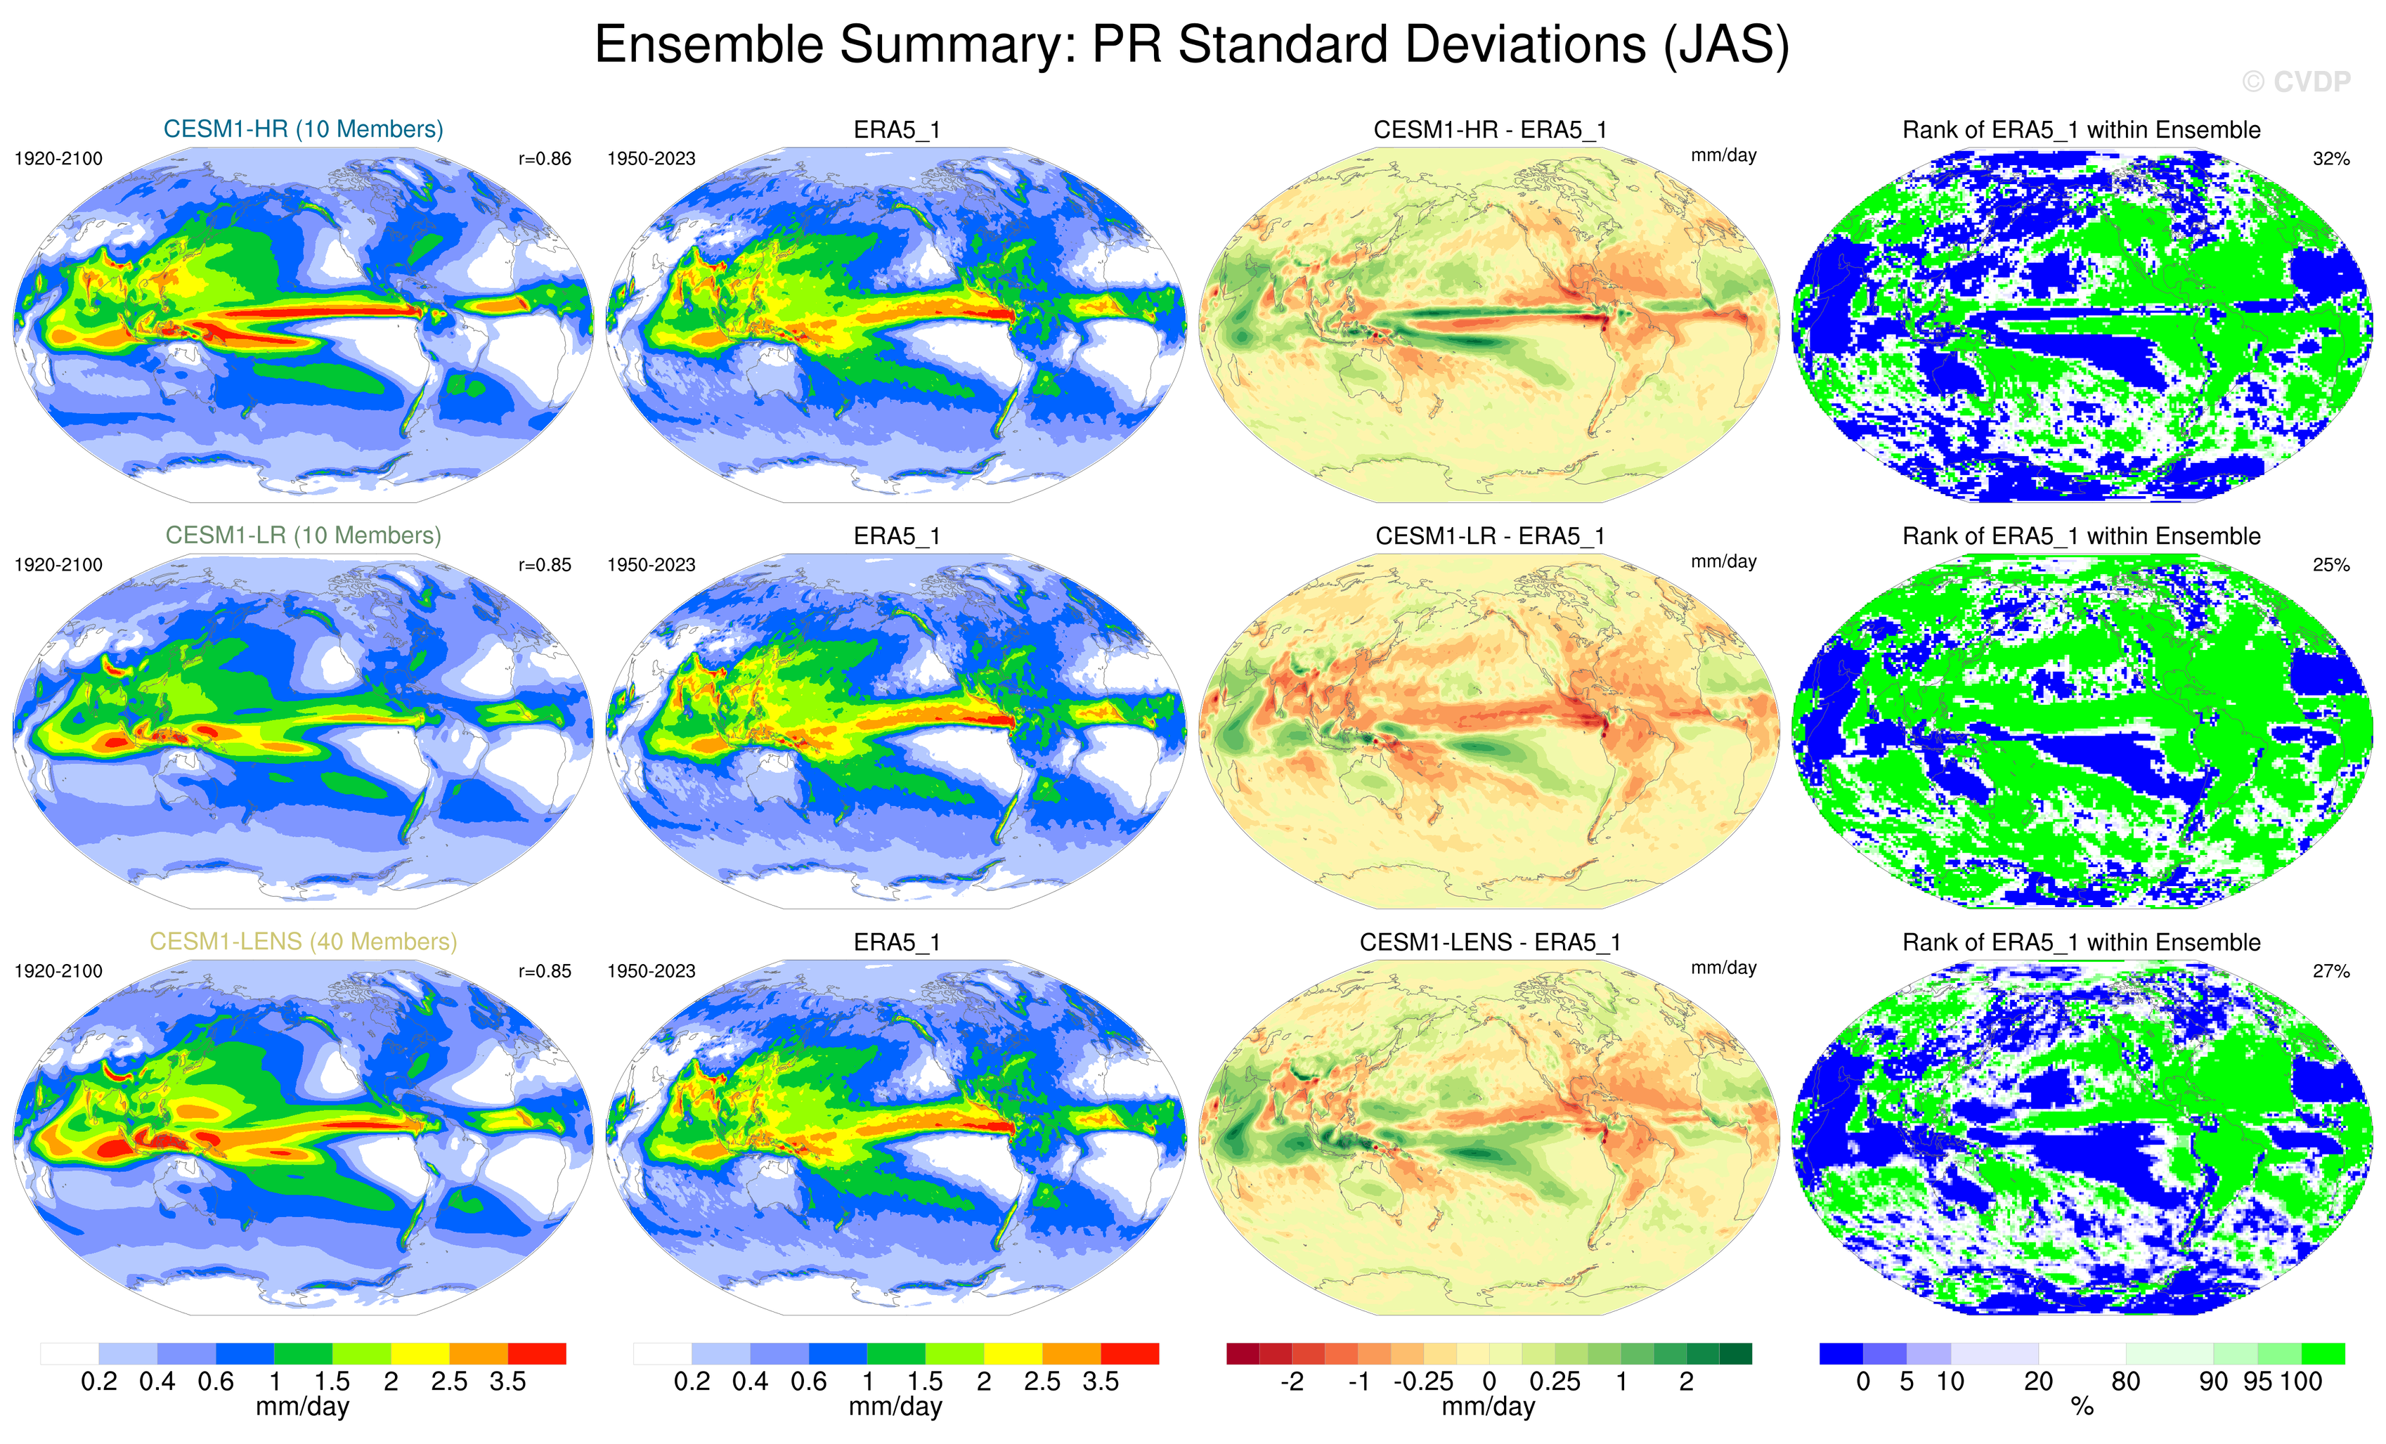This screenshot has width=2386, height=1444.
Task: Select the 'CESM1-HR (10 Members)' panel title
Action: [x=303, y=129]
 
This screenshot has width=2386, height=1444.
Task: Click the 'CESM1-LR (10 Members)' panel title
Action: [x=303, y=535]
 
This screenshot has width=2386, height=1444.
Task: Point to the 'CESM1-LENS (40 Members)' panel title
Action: [x=303, y=942]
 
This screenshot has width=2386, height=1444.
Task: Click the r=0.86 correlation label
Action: [x=544, y=159]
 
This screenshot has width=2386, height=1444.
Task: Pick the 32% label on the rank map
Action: [x=2330, y=159]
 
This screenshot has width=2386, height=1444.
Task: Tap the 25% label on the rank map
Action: [x=2330, y=565]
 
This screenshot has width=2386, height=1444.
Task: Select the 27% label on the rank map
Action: [x=2330, y=970]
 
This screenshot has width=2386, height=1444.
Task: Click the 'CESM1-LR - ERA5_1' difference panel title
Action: [x=1489, y=535]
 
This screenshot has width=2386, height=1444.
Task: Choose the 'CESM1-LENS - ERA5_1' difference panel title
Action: [x=1489, y=942]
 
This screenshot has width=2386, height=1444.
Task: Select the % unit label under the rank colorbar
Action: [x=2082, y=1408]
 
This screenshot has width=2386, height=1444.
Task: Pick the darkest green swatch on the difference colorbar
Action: [x=1735, y=1353]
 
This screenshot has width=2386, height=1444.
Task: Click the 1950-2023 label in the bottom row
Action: [x=651, y=970]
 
